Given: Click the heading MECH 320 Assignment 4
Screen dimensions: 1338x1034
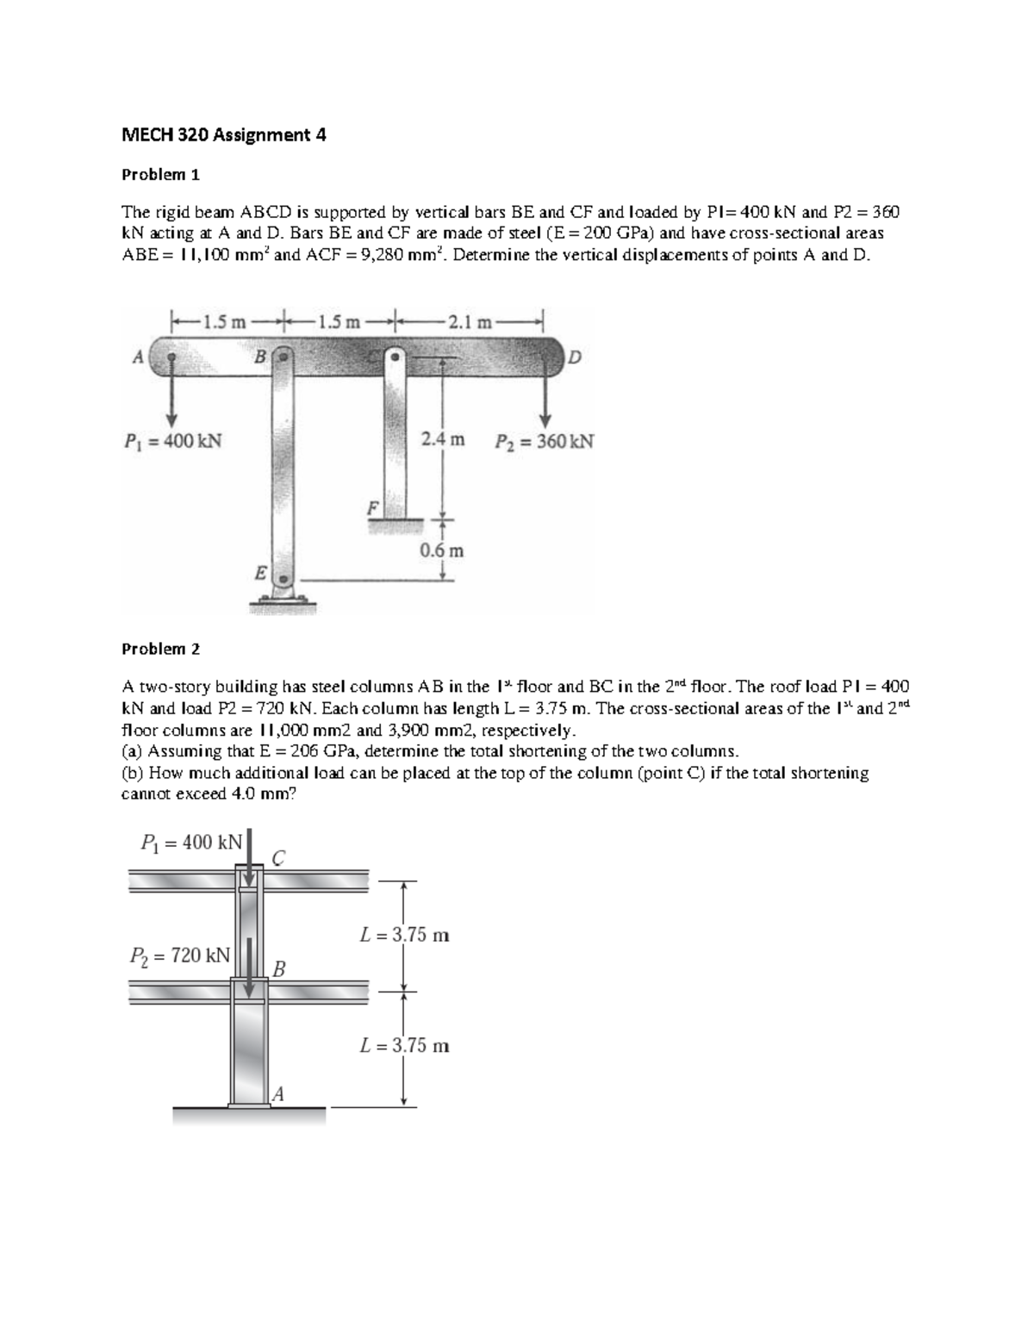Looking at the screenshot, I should click(x=223, y=134).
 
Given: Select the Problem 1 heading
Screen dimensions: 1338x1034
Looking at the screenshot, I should click(x=160, y=175).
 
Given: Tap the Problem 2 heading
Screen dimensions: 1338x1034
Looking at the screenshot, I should click(x=160, y=648).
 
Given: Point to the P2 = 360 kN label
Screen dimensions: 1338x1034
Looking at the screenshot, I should click(x=544, y=442).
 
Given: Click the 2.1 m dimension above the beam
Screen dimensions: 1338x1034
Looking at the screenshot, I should click(x=470, y=323).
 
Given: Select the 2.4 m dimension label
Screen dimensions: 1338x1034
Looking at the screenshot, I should click(x=442, y=440).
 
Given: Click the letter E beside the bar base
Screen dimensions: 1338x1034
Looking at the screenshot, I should click(x=258, y=572).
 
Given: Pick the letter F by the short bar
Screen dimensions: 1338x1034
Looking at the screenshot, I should click(x=372, y=508).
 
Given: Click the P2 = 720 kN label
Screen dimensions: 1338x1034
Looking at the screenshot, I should click(x=179, y=955).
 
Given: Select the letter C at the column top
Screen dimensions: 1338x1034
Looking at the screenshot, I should click(x=278, y=856).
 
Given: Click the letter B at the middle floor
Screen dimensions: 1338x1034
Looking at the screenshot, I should click(x=278, y=968).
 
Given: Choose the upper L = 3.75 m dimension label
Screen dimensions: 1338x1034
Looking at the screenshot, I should click(x=404, y=935).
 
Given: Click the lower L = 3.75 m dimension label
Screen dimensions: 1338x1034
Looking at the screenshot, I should click(x=404, y=1046).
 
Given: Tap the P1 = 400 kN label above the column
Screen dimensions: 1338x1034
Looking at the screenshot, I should click(x=191, y=842).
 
